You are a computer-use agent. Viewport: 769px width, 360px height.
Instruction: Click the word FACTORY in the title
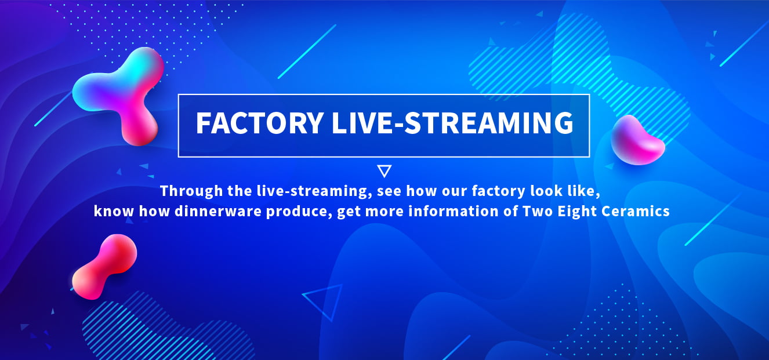coord(260,122)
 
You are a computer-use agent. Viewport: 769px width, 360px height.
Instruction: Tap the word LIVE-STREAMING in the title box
coord(452,122)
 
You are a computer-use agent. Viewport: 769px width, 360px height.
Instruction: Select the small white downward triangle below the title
coord(384,171)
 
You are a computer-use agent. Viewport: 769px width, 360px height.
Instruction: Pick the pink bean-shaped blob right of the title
coord(637,141)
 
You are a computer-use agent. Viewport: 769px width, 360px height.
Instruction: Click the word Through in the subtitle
coord(191,191)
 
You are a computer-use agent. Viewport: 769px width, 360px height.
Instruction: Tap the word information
coord(453,211)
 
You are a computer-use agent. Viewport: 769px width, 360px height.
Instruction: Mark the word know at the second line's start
coord(114,211)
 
